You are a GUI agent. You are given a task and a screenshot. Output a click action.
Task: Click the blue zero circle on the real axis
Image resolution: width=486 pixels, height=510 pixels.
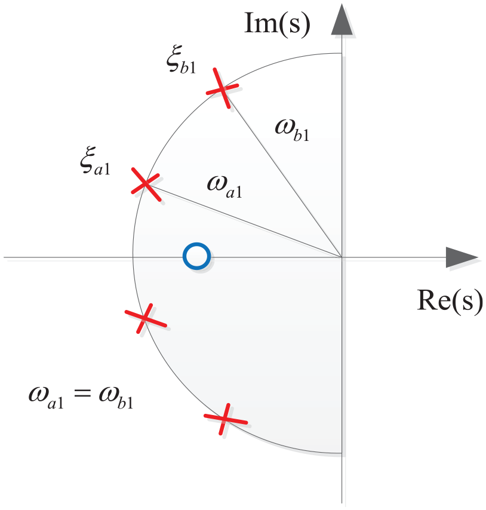196,256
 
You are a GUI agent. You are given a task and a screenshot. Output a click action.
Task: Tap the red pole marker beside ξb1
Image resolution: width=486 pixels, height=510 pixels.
222,88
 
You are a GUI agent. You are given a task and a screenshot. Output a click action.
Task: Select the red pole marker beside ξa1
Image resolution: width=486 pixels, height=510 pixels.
146,184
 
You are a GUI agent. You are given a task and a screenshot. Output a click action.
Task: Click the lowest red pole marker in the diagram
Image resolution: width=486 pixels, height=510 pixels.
225,419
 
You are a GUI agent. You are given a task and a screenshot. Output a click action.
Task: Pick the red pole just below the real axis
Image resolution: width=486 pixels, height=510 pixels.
145,319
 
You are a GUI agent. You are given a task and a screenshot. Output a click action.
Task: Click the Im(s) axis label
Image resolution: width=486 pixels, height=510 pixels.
277,23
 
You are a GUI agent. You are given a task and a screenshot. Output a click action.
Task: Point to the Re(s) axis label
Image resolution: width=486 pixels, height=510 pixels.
450,301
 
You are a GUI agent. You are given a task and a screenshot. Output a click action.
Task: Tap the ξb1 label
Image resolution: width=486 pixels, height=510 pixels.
181,60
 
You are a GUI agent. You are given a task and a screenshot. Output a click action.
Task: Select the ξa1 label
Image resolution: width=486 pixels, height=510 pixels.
95,161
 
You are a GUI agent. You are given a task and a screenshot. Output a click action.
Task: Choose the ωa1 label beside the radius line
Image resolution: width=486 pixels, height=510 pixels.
224,187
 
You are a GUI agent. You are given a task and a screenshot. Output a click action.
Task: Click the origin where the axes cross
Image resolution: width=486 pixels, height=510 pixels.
342,257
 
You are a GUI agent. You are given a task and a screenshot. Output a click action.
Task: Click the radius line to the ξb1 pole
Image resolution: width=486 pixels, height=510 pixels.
282,173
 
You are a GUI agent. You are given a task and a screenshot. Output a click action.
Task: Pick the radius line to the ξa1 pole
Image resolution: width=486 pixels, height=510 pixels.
244,220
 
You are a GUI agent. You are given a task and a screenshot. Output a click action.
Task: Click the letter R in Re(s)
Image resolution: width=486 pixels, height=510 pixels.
427,300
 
